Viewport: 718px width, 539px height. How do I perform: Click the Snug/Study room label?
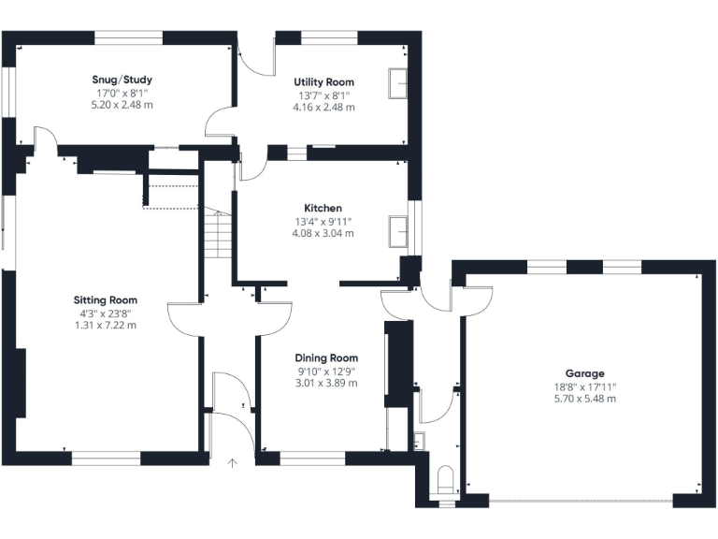click(122, 80)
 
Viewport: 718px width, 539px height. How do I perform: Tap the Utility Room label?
click(323, 82)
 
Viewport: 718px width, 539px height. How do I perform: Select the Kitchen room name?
click(323, 208)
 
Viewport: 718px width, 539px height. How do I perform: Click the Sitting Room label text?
click(106, 300)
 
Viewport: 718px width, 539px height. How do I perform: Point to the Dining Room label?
click(326, 357)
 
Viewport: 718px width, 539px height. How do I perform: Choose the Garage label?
click(584, 372)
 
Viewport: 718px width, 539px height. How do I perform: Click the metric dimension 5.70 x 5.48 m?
click(584, 399)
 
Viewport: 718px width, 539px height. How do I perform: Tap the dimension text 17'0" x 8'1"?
click(122, 93)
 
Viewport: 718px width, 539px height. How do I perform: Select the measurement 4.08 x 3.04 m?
click(323, 234)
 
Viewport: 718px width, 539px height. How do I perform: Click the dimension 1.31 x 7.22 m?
click(106, 326)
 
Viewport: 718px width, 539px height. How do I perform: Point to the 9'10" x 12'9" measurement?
click(326, 371)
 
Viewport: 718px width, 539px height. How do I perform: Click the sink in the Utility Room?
click(398, 83)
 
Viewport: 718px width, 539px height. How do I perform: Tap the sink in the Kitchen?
click(398, 230)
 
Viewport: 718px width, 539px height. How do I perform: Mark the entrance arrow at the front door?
click(233, 461)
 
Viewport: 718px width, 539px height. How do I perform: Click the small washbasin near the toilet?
click(419, 440)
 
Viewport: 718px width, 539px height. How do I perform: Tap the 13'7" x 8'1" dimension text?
click(323, 95)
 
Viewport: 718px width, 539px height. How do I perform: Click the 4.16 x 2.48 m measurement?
click(323, 108)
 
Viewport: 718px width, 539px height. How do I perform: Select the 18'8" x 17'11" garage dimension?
click(584, 386)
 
